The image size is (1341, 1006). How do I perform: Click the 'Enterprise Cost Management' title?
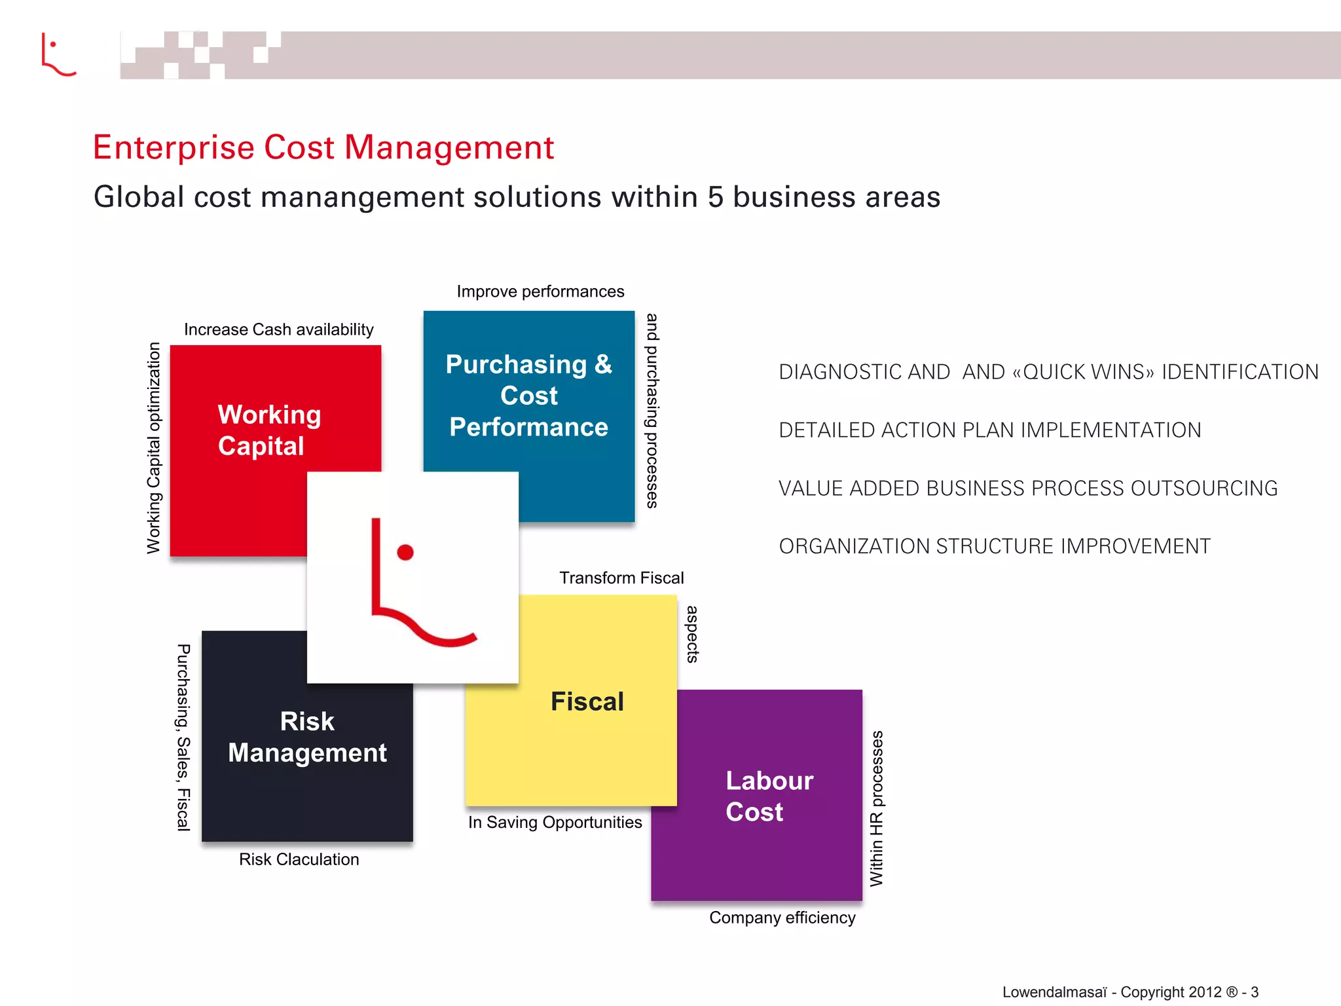point(323,147)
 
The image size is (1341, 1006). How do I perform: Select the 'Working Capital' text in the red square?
point(269,430)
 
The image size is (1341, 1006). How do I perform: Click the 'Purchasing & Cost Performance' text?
point(529,396)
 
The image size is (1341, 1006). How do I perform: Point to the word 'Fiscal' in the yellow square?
point(587,701)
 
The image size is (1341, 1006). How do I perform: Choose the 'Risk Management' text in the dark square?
point(307,737)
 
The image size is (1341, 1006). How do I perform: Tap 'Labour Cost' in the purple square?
point(769,796)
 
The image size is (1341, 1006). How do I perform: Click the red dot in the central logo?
point(405,552)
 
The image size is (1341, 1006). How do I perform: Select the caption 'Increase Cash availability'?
point(278,329)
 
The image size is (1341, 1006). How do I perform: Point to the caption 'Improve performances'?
point(540,291)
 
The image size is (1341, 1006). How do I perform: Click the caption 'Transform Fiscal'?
point(621,578)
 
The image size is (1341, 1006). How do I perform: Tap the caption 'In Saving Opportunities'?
point(555,823)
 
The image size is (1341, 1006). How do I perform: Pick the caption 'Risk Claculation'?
point(299,859)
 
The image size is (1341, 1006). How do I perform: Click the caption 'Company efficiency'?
point(782,918)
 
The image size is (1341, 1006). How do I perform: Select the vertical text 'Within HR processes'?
point(876,808)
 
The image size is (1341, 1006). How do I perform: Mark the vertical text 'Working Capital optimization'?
point(153,448)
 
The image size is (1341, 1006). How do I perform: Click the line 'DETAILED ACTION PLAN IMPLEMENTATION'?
point(989,430)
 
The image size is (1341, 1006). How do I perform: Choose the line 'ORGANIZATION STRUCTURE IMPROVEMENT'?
point(994,546)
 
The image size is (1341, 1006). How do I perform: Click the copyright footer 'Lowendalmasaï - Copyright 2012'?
point(1111,992)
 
